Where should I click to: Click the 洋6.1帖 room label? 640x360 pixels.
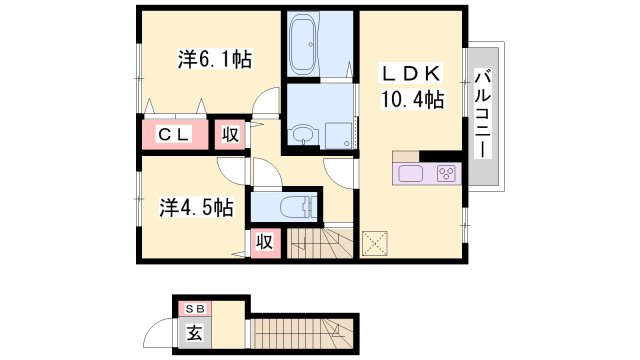[215, 59]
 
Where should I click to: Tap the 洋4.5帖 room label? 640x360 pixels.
[196, 207]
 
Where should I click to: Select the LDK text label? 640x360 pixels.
[411, 74]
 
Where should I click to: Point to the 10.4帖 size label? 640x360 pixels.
[412, 99]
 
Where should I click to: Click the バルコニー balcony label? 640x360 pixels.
[483, 113]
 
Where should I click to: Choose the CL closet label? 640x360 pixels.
[174, 134]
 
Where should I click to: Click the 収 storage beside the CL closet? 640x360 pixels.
[230, 134]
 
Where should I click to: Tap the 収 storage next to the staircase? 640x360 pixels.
[264, 242]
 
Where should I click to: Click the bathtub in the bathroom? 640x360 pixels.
[303, 42]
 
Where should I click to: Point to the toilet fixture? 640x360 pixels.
[298, 207]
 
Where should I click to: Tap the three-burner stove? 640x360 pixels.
[446, 173]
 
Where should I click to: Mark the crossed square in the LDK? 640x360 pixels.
[375, 244]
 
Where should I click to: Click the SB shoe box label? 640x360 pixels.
[195, 309]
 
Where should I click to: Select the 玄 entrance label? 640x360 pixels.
[194, 333]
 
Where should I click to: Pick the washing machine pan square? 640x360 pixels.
[338, 135]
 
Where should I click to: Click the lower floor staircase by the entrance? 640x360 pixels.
[302, 334]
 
